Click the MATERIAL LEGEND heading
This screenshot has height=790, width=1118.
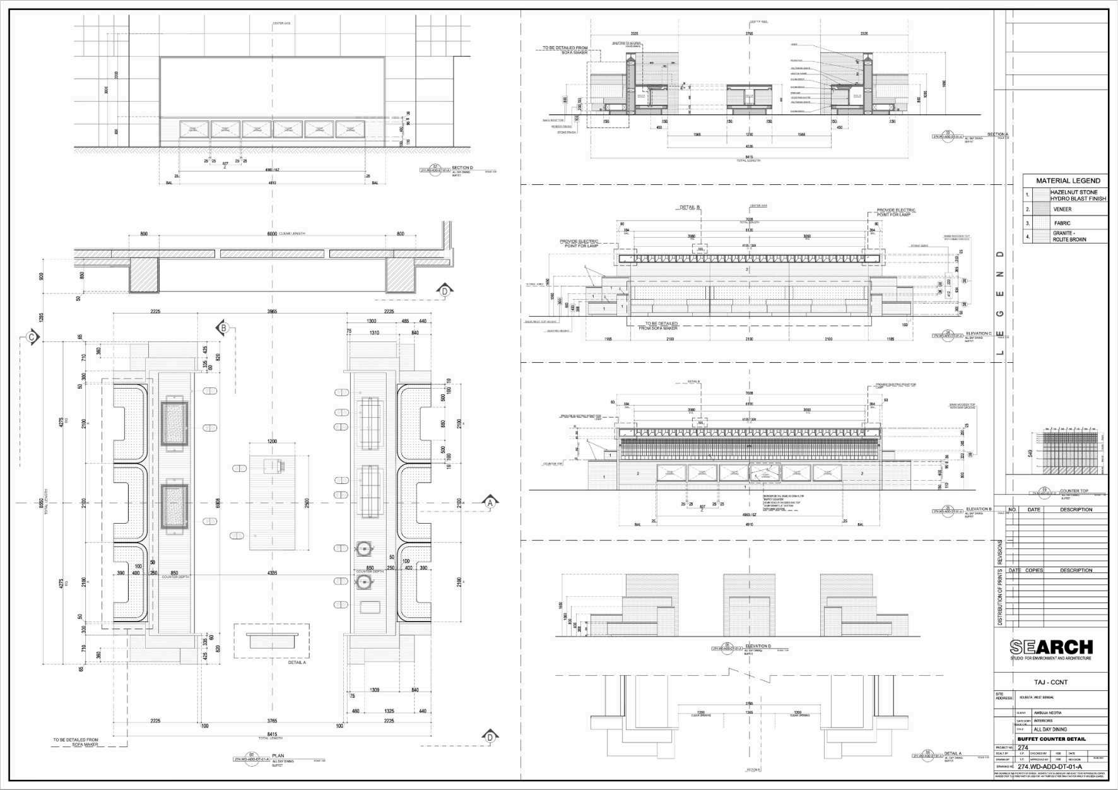point(1068,180)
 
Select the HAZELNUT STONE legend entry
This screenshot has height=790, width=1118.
point(1078,195)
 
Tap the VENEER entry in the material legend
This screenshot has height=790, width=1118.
point(1062,209)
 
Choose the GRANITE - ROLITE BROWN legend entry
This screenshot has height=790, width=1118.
point(1069,237)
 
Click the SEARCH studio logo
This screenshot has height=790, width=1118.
point(1051,647)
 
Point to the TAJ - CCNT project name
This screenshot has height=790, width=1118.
point(1051,682)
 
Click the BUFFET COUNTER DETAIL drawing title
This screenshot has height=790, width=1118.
point(1051,739)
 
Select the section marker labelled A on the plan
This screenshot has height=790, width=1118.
point(490,503)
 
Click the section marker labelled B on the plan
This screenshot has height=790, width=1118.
point(223,328)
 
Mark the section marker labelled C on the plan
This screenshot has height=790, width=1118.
point(32,338)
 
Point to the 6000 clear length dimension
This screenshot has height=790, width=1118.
point(272,233)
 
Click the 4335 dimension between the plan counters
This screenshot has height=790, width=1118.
point(272,573)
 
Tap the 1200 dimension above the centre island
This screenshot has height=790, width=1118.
point(272,442)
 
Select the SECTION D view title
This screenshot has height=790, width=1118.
point(462,168)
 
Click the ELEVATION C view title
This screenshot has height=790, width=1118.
point(979,333)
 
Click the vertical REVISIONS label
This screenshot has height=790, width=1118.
point(999,552)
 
